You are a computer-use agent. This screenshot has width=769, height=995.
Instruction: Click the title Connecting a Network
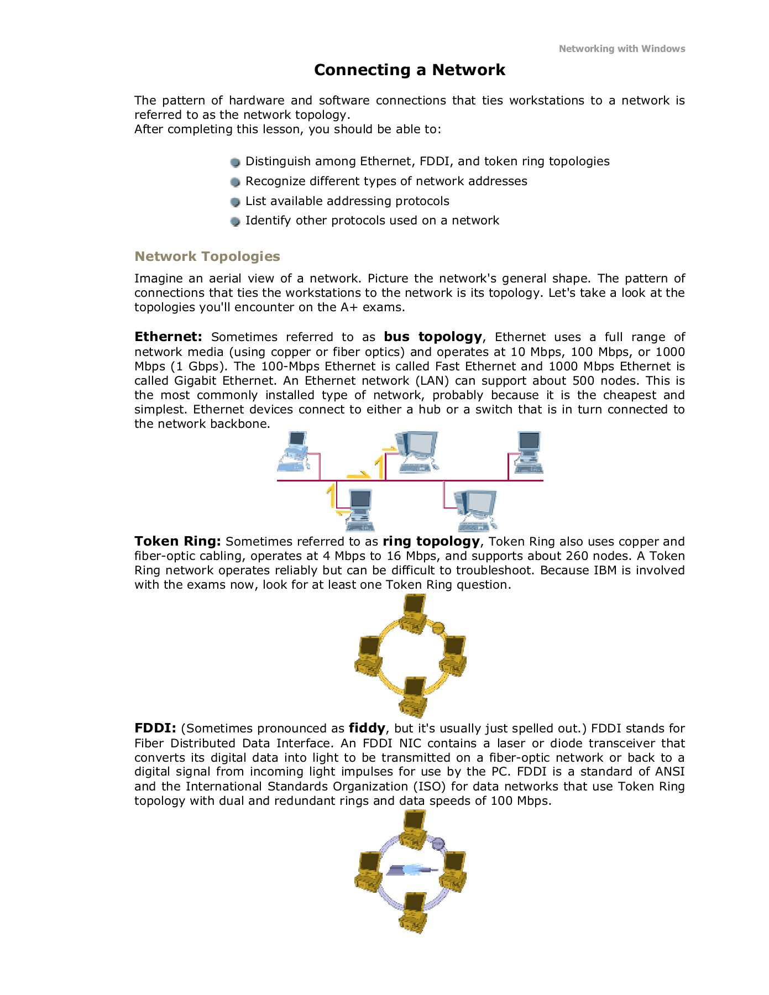pyautogui.click(x=410, y=70)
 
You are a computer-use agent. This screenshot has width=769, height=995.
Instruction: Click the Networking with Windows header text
pyautogui.click(x=621, y=49)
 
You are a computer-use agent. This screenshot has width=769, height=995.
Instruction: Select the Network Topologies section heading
pyautogui.click(x=207, y=256)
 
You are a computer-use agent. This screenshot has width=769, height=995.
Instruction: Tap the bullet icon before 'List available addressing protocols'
pyautogui.click(x=236, y=202)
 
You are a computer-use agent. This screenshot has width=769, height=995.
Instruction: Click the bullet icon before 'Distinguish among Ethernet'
pyautogui.click(x=236, y=162)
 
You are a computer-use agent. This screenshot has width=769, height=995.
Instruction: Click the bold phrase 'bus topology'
pyautogui.click(x=433, y=337)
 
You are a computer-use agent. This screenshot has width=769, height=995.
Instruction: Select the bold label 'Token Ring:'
pyautogui.click(x=177, y=541)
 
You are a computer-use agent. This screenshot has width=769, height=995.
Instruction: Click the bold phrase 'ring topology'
pyautogui.click(x=431, y=541)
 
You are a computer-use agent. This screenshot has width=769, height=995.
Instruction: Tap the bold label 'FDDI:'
pyautogui.click(x=155, y=728)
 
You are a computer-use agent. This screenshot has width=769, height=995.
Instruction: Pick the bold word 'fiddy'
pyautogui.click(x=367, y=728)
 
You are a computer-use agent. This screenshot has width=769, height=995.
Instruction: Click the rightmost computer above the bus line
pyautogui.click(x=529, y=453)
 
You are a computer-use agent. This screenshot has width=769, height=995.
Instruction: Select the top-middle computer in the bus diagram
pyautogui.click(x=416, y=451)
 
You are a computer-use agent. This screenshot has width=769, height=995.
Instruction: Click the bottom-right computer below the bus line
pyautogui.click(x=476, y=510)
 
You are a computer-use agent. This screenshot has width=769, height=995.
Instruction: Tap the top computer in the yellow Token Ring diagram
pyautogui.click(x=414, y=613)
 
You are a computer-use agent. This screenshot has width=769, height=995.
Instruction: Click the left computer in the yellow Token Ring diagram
pyautogui.click(x=369, y=655)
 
